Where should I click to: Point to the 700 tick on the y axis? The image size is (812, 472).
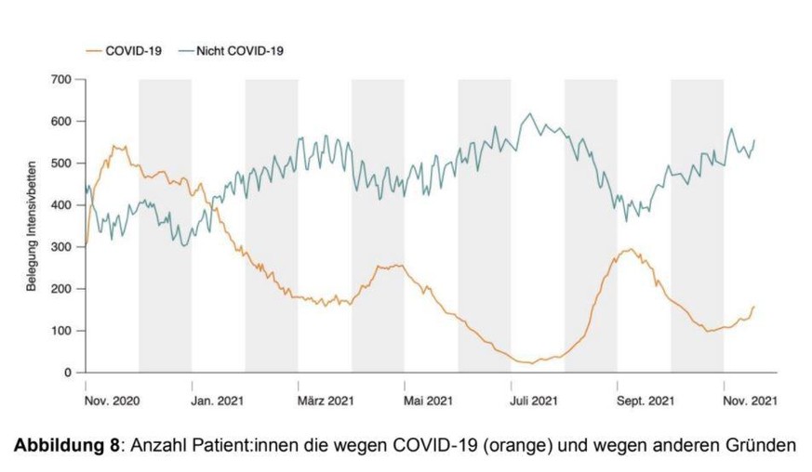click(62, 80)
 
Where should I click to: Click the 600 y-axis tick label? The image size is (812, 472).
click(62, 122)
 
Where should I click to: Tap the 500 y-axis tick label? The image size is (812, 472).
click(62, 164)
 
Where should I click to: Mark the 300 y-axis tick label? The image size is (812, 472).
click(62, 247)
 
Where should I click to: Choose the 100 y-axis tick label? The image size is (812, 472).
click(62, 331)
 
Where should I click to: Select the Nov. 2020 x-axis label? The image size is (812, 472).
click(112, 401)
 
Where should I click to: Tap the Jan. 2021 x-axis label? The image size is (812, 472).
click(219, 401)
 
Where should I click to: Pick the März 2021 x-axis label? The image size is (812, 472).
click(326, 401)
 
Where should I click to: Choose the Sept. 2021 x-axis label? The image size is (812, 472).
click(642, 401)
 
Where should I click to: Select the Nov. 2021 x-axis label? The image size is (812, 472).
click(750, 401)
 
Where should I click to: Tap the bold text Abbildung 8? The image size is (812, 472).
click(66, 445)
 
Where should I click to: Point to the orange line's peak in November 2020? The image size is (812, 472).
click(115, 146)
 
